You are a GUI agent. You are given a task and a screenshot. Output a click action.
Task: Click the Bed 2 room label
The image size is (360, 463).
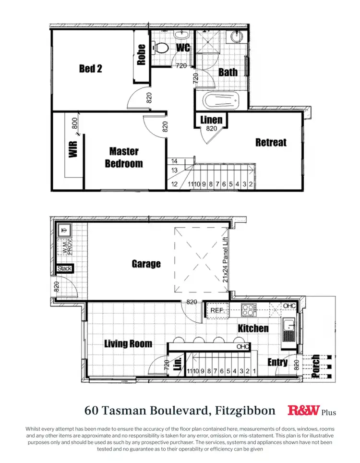tap(91, 69)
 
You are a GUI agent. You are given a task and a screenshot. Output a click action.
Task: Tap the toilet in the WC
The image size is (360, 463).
tap(161, 48)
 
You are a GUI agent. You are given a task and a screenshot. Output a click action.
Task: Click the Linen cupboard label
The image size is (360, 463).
tap(211, 120)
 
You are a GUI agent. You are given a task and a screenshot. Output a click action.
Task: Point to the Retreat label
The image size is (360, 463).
tap(271, 142)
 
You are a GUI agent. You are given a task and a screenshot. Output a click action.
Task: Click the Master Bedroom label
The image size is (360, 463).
tap(124, 158)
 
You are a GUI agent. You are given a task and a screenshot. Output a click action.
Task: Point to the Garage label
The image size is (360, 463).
tap(146, 264)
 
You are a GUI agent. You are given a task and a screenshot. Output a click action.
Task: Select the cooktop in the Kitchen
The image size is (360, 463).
tap(249, 310)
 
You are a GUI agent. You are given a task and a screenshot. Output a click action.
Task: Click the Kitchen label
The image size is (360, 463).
tap(253, 329)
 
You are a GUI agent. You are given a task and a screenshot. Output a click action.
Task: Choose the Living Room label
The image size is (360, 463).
tap(128, 343)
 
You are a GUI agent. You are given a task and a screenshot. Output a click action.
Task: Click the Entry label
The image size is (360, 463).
tap(277, 362)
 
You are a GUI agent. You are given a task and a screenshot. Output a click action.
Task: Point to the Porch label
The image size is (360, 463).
tap(315, 366)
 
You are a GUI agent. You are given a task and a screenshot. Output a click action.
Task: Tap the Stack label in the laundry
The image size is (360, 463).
tap(64, 269)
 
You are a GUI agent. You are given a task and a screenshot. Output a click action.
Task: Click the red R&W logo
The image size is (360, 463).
tap(303, 410)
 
